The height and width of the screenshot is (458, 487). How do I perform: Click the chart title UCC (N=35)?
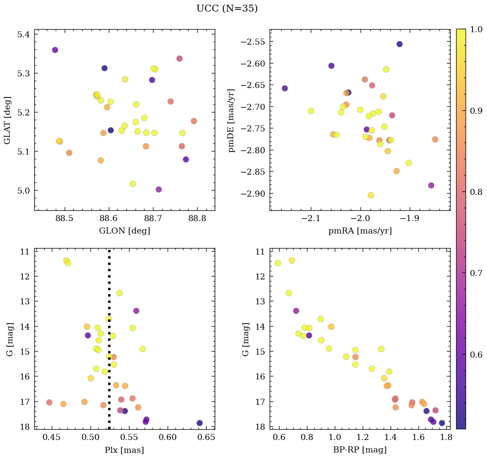pos(227,9)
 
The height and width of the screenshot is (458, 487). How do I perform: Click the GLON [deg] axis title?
pos(124,231)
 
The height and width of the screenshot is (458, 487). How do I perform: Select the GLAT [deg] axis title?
pos(7,120)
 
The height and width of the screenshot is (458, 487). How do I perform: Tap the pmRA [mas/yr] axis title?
pos(360,231)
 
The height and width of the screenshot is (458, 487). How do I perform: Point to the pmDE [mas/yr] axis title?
pos(231,120)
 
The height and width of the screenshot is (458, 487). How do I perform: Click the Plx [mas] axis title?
pos(124,450)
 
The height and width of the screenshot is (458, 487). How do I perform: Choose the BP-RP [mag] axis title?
pos(360,450)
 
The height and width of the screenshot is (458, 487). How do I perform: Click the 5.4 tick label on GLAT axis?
pos(24,34)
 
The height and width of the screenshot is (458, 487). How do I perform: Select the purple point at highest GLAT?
pos(55,50)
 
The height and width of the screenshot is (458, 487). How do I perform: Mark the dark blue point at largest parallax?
pos(199,423)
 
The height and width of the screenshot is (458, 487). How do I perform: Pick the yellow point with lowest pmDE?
pos(371,195)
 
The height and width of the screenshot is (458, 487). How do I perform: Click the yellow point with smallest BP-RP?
pos(278,263)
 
